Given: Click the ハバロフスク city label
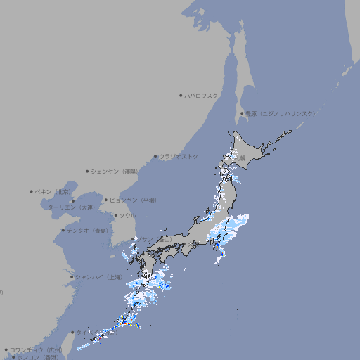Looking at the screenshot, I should [x=202, y=95].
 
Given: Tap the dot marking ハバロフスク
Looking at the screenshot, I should [x=181, y=95].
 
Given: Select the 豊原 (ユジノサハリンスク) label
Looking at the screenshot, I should [x=280, y=113].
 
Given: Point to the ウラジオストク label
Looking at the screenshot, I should [x=179, y=156].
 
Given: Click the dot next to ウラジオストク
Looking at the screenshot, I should [x=155, y=156].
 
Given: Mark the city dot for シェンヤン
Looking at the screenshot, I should [x=87, y=171].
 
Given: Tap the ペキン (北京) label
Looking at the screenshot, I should [x=54, y=191].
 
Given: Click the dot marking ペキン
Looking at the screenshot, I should [x=32, y=191].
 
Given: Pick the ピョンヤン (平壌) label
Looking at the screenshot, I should [x=133, y=200].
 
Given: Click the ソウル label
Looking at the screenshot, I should [x=127, y=215].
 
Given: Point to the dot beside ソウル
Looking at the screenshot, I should [x=115, y=215].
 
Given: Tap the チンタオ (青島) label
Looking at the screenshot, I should [x=87, y=231].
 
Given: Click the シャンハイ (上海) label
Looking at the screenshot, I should [x=98, y=276].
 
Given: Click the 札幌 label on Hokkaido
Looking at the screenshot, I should [x=240, y=158].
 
